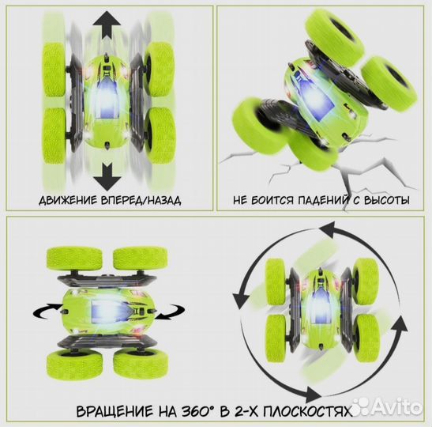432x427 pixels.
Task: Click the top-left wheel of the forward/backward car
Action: [x=57, y=70]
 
